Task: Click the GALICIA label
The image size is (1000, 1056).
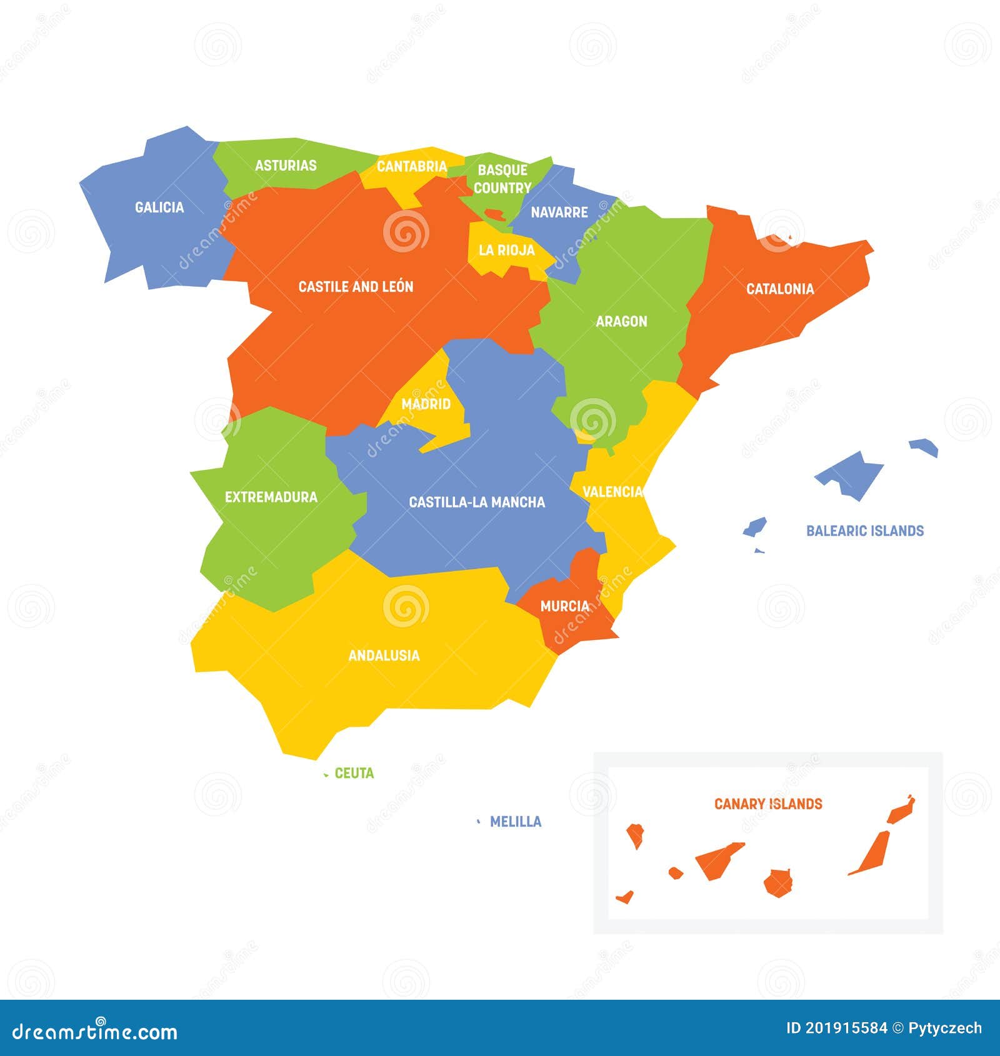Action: pyautogui.click(x=159, y=207)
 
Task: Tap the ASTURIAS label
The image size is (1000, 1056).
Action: pyautogui.click(x=286, y=166)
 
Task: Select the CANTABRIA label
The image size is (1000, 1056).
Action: pyautogui.click(x=412, y=167)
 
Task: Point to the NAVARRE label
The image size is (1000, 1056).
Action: pyautogui.click(x=559, y=212)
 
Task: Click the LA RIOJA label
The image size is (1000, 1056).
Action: pyautogui.click(x=507, y=251)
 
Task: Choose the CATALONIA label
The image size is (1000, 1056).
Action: pyautogui.click(x=780, y=289)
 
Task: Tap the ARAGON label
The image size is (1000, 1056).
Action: pyautogui.click(x=621, y=321)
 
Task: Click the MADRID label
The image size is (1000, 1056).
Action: pyautogui.click(x=426, y=404)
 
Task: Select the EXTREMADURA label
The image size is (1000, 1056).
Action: pyautogui.click(x=271, y=497)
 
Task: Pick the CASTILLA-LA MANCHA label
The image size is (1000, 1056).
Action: pyautogui.click(x=477, y=502)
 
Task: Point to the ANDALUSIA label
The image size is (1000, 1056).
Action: pyautogui.click(x=384, y=655)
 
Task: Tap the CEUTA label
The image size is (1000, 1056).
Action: pyautogui.click(x=354, y=774)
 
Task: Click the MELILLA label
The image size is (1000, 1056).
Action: pyautogui.click(x=516, y=822)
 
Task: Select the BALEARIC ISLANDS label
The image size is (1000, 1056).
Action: pyautogui.click(x=865, y=531)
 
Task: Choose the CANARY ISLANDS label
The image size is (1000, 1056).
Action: pyautogui.click(x=768, y=804)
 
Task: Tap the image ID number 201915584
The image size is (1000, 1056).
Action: pyautogui.click(x=846, y=1029)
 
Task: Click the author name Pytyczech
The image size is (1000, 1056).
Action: pyautogui.click(x=946, y=1029)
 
